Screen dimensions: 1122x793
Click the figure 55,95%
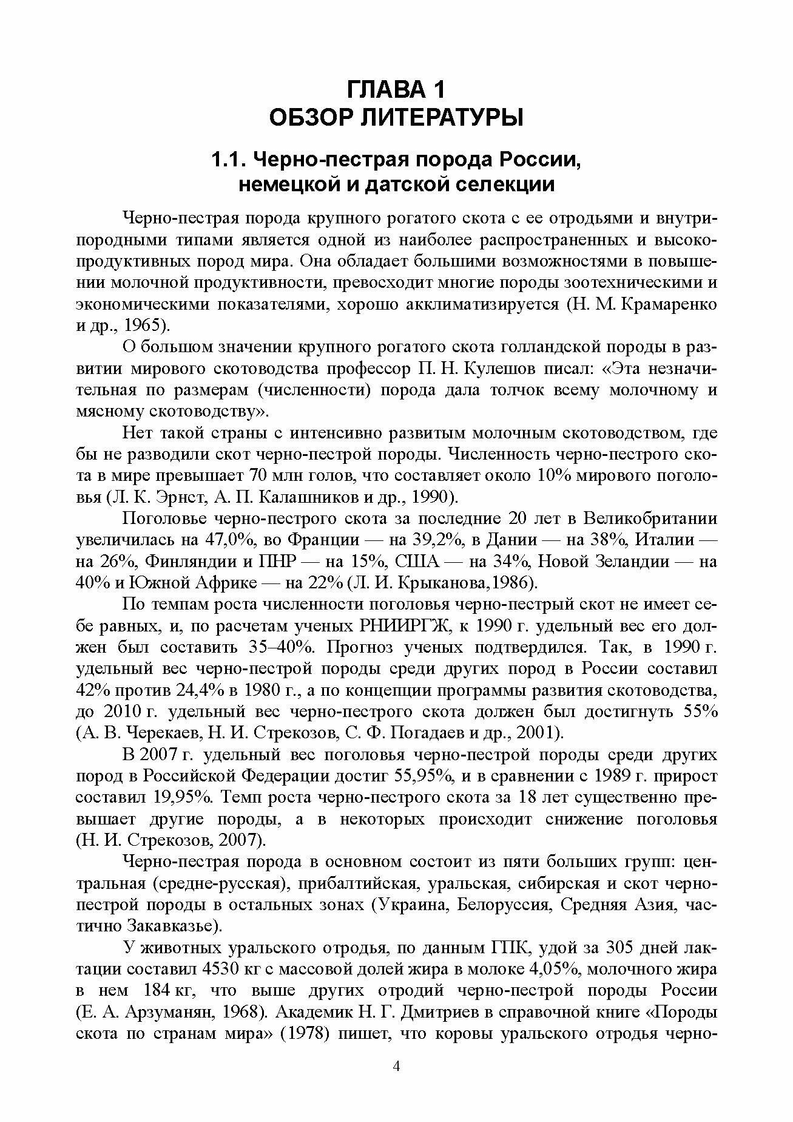(x=424, y=777)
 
